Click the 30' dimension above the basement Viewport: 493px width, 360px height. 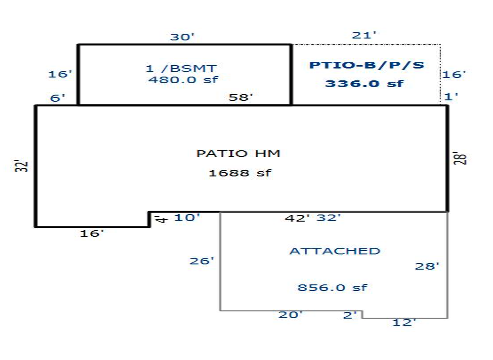(182, 37)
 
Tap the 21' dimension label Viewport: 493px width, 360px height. (364, 35)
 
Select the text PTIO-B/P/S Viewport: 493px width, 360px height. (367, 65)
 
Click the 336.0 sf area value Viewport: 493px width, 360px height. (364, 84)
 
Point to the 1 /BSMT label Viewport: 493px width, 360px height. (182, 68)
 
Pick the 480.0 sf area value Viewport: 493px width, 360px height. (183, 79)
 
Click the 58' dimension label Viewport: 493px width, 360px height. (241, 97)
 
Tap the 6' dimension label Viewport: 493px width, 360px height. (58, 98)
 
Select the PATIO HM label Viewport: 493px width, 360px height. (238, 154)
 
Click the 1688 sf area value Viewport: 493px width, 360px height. (240, 173)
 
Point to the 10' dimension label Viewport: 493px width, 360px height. (187, 217)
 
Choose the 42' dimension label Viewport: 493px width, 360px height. (297, 218)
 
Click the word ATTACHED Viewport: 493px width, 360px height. (335, 251)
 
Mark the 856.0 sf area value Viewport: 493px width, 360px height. (332, 287)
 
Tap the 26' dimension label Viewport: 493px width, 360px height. (202, 261)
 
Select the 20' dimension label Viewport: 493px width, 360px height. (290, 314)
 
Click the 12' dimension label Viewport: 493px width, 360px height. (404, 322)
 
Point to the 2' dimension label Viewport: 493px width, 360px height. (349, 315)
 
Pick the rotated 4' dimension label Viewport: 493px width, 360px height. (162, 219)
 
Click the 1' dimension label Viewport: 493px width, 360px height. (451, 96)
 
